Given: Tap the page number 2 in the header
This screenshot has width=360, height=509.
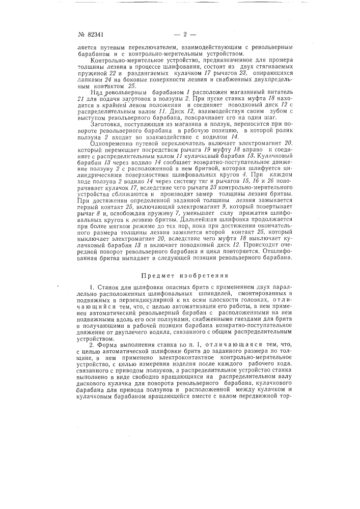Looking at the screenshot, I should pos(185,35).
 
